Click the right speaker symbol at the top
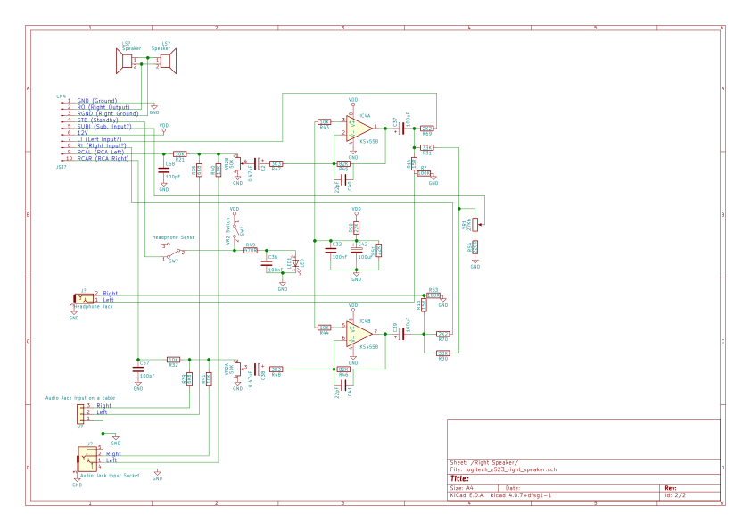pos(167,61)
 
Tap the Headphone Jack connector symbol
pos(84,299)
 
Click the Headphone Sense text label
pos(173,237)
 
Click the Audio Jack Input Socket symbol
pos(87,459)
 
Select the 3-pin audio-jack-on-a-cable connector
pos(81,413)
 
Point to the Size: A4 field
pos(462,488)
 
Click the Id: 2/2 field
pos(675,494)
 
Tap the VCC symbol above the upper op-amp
pos(353,101)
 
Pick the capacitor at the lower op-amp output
pos(400,334)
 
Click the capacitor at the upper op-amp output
pos(400,129)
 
